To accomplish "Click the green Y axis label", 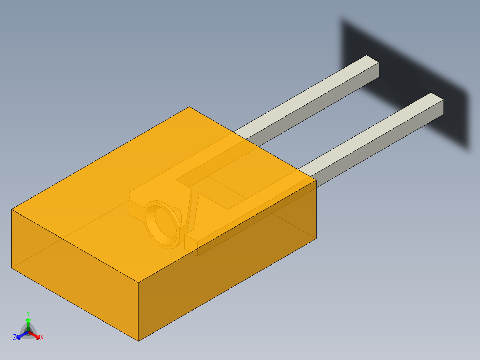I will [28, 313].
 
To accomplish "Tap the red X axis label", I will [42, 338].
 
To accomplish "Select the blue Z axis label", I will [15, 338].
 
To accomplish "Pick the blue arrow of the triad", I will [20, 335].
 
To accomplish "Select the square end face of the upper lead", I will [373, 71].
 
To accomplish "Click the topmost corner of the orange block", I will [189, 107].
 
